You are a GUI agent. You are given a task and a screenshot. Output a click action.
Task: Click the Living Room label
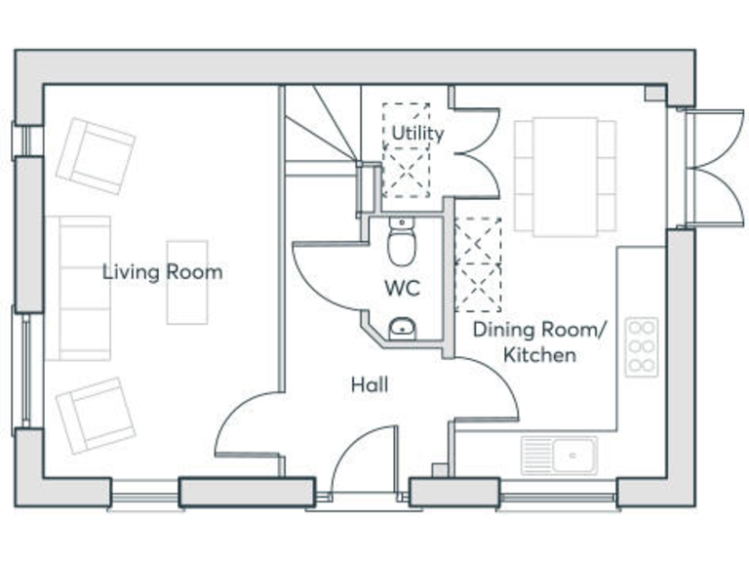tap(163, 272)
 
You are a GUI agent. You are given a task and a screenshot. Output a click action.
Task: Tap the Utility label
tap(417, 133)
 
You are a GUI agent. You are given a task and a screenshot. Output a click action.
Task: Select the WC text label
tap(402, 288)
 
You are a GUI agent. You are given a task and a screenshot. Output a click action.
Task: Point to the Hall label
tap(370, 384)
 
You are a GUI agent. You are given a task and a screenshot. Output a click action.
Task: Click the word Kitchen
tap(539, 355)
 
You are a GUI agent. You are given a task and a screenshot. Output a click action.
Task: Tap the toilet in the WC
tap(402, 241)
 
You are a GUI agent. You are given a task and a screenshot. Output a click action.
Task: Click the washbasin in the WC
tap(402, 328)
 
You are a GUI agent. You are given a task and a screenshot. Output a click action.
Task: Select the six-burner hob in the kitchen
tap(642, 346)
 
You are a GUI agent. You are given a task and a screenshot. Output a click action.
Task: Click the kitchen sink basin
tap(573, 455)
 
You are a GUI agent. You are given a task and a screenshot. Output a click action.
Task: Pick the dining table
tap(566, 177)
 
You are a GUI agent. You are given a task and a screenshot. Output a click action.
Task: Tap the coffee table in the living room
tap(187, 282)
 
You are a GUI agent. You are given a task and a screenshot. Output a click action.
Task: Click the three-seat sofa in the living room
tap(78, 288)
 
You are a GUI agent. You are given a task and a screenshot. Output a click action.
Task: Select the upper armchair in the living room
tap(96, 156)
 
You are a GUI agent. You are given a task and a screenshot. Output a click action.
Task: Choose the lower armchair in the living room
tap(96, 416)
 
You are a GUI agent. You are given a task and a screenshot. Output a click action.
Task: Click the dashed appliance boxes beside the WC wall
tap(478, 264)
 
